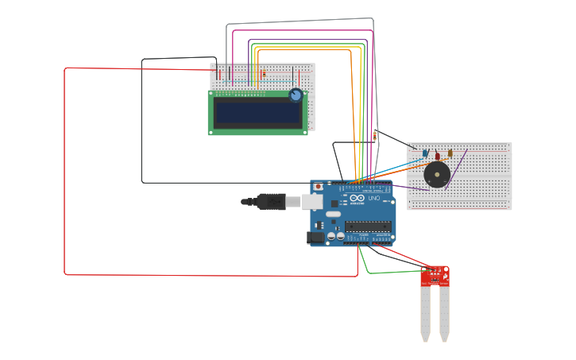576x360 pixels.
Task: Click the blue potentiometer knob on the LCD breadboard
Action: pyautogui.click(x=296, y=95)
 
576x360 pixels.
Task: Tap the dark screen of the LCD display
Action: pyautogui.click(x=257, y=112)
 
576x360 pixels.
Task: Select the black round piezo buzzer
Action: pyautogui.click(x=436, y=174)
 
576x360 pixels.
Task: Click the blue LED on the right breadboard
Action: pyautogui.click(x=425, y=153)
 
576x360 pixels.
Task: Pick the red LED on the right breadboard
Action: pyautogui.click(x=437, y=153)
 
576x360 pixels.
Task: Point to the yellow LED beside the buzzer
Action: pyautogui.click(x=450, y=153)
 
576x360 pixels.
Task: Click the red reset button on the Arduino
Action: pyautogui.click(x=319, y=187)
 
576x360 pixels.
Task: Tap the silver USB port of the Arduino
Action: pyautogui.click(x=312, y=202)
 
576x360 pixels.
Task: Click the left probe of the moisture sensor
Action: pyautogui.click(x=425, y=314)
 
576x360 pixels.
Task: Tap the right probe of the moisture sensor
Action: pyautogui.click(x=444, y=314)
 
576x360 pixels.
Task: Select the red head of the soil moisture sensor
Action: pyautogui.click(x=435, y=275)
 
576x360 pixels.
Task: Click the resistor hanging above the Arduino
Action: pyautogui.click(x=375, y=136)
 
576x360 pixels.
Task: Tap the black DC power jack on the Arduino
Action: pyautogui.click(x=315, y=237)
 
